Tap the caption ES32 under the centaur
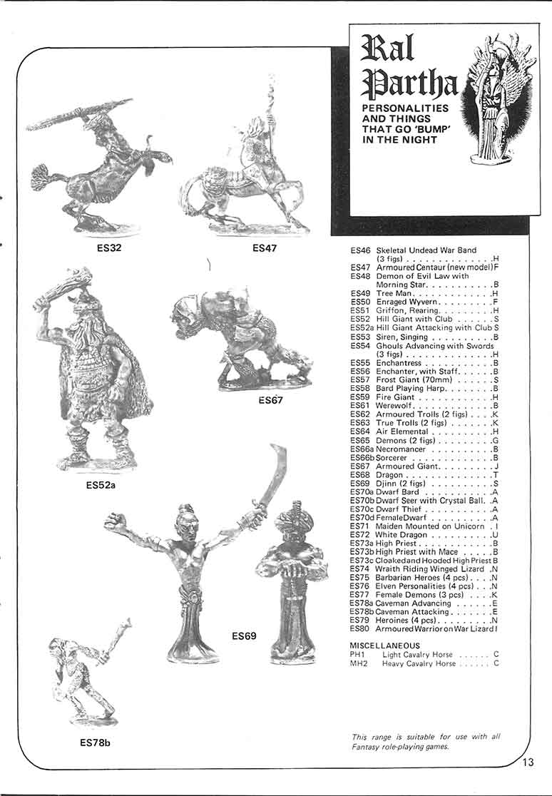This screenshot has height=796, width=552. [x=110, y=249]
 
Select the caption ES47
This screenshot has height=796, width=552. [x=265, y=249]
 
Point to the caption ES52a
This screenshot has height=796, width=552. [x=100, y=486]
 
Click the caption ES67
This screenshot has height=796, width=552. [x=271, y=400]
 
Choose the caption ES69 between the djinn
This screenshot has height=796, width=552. [x=244, y=635]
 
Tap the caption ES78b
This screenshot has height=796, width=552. [x=95, y=743]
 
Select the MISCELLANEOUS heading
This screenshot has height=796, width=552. [x=386, y=646]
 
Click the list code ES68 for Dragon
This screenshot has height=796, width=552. [x=360, y=475]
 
